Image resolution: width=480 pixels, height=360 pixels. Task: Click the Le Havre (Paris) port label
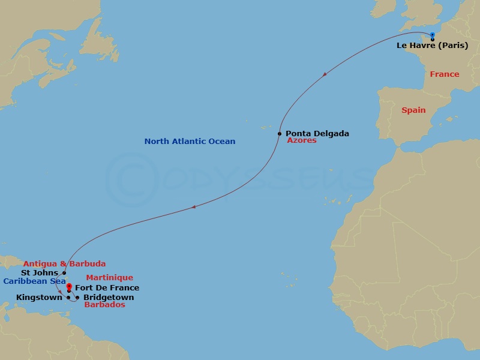pos(432,46)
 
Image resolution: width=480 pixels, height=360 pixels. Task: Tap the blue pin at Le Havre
pos(432,35)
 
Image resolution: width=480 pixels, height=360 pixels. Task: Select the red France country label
pos(445,74)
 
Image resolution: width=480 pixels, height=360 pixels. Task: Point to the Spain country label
pos(413,110)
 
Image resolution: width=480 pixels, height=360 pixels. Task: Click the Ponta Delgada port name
pos(317,134)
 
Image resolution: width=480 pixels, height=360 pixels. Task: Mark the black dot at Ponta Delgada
pos(280,134)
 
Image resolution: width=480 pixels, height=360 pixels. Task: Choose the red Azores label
pos(302,140)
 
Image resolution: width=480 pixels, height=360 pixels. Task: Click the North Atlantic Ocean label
pos(190,142)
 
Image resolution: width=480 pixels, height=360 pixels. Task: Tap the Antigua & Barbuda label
pos(65,263)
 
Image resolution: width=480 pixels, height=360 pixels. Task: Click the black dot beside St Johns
pos(64,273)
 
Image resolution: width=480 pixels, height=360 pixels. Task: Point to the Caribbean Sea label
pos(34,281)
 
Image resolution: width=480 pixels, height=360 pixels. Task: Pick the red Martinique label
pos(109,278)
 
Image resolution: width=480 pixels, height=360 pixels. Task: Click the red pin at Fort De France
pos(69,287)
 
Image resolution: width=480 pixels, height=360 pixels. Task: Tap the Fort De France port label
pos(107,288)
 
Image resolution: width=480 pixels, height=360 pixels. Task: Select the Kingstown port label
pos(39,298)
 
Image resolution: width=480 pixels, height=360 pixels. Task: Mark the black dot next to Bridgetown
pos(77,298)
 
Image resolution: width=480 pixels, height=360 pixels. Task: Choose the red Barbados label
pos(104,305)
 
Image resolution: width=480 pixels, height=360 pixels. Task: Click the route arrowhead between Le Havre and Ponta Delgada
pos(325,74)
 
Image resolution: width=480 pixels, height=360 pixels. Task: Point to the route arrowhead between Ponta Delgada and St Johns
pos(193,208)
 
